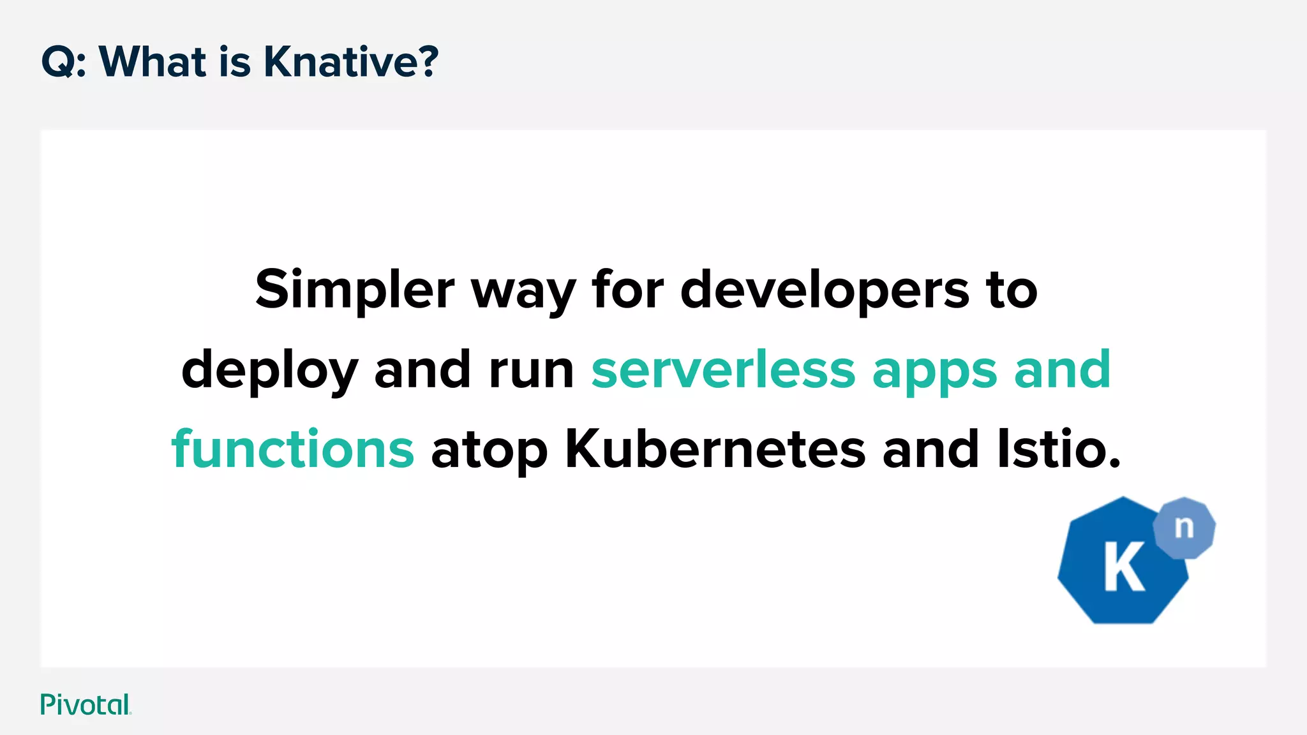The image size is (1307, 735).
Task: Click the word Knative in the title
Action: pyautogui.click(x=351, y=62)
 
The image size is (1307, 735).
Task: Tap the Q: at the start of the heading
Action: pyautogui.click(x=64, y=63)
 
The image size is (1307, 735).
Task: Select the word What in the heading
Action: pyautogui.click(x=153, y=62)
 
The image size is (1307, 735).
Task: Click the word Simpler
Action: pyautogui.click(x=354, y=290)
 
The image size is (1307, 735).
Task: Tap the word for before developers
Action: pyautogui.click(x=628, y=290)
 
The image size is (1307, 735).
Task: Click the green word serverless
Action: pyautogui.click(x=723, y=371)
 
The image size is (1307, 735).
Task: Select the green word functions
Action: pyautogui.click(x=293, y=449)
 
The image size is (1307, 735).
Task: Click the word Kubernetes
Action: pyautogui.click(x=715, y=449)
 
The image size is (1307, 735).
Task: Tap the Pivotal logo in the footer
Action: pyautogui.click(x=86, y=704)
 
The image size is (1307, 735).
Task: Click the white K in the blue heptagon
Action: pyautogui.click(x=1124, y=567)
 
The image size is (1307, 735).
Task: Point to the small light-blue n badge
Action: pyautogui.click(x=1184, y=528)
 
